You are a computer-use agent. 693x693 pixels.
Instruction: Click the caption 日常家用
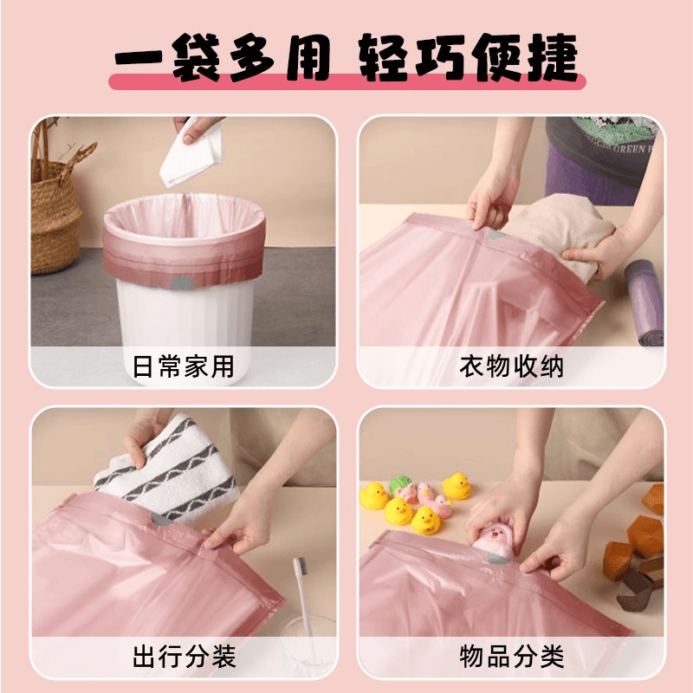pyautogui.click(x=184, y=366)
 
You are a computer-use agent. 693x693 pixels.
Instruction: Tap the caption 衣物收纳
pyautogui.click(x=511, y=366)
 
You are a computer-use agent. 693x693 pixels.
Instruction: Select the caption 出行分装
pyautogui.click(x=184, y=656)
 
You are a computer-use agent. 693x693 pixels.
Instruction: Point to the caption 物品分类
pyautogui.click(x=512, y=656)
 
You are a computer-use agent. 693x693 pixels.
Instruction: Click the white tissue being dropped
pyautogui.click(x=192, y=152)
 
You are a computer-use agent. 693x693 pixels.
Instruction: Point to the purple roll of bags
pyautogui.click(x=644, y=302)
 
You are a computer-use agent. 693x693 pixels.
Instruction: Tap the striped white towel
pyautogui.click(x=168, y=469)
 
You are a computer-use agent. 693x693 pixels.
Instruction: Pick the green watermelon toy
pyautogui.click(x=400, y=484)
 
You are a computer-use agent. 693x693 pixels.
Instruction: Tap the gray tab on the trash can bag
pyautogui.click(x=180, y=283)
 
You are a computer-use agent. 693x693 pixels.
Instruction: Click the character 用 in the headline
pyautogui.click(x=308, y=57)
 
